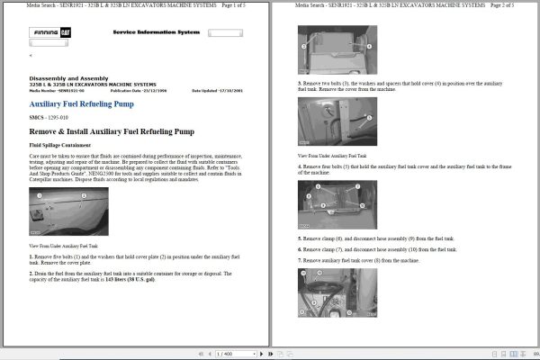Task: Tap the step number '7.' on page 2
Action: pyautogui.click(x=301, y=259)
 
